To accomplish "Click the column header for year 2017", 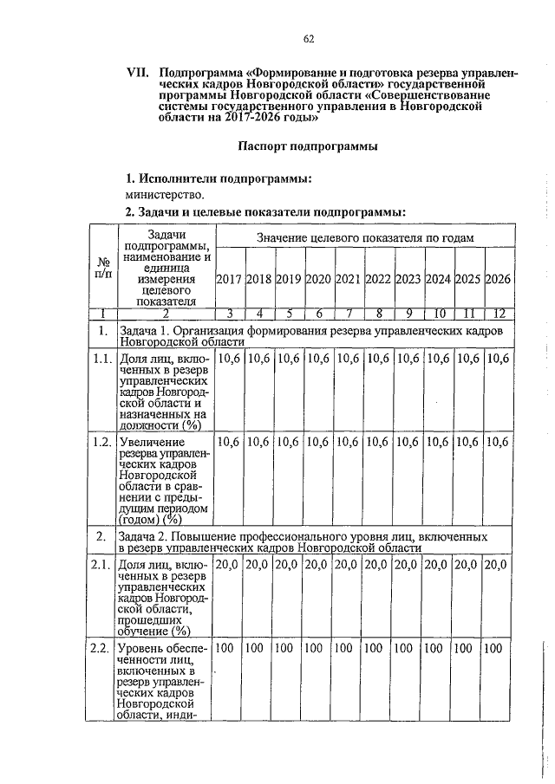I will point(229,280).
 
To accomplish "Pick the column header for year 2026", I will point(498,280).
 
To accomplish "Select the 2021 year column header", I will point(349,280).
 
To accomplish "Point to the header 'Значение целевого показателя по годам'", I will point(364,237).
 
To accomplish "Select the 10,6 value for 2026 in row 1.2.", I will point(498,443).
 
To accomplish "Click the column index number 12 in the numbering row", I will point(499,314).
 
